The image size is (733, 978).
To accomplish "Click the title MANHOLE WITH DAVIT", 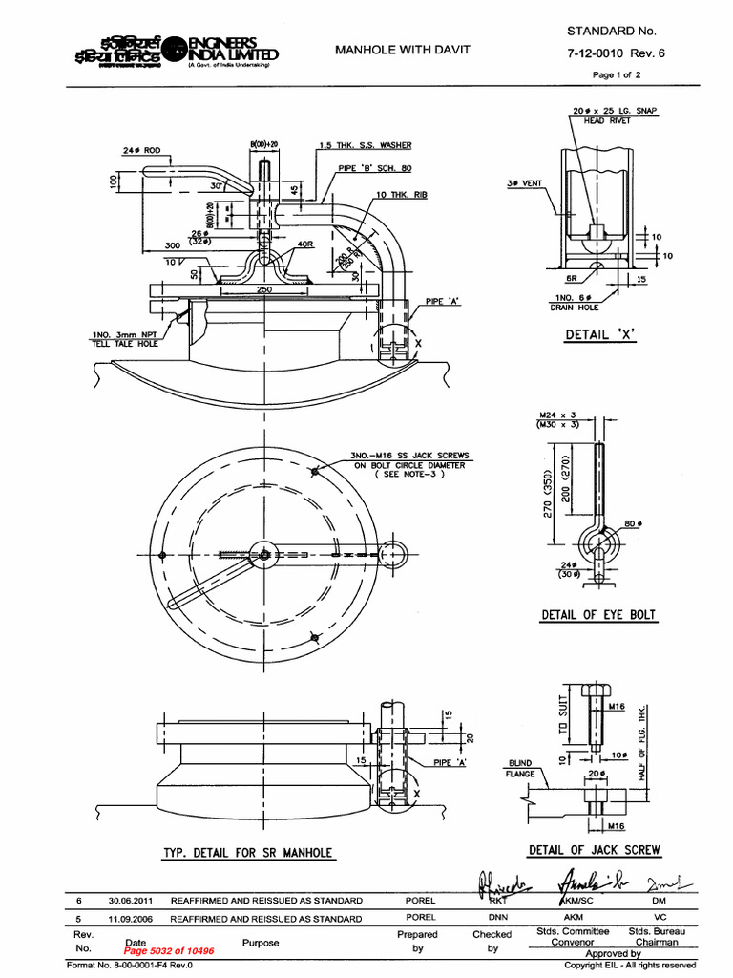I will (x=402, y=49).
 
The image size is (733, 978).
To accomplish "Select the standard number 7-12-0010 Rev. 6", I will (x=616, y=53).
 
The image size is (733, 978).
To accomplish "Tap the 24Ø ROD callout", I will (x=141, y=151).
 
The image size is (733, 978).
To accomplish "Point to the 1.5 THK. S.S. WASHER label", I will (x=366, y=145).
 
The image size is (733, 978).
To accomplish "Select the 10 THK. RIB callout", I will (x=401, y=194).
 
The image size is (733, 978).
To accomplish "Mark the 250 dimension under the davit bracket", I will (x=263, y=289).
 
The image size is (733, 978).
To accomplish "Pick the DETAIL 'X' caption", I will (x=598, y=334).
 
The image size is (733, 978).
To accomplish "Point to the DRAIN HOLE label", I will (x=574, y=308).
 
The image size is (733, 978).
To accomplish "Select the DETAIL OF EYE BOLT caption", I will (x=598, y=615).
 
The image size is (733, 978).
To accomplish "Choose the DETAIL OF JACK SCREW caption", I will (x=594, y=850).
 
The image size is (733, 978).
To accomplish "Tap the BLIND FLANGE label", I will (x=520, y=769).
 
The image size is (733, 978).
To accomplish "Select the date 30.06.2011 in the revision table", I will (x=130, y=900).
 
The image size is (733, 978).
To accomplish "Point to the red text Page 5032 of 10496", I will (x=169, y=951).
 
